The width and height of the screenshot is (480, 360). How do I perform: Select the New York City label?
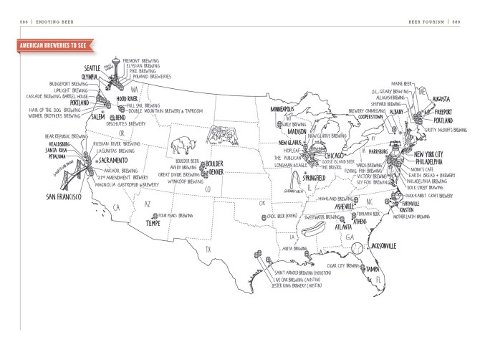pyautogui.click(x=428, y=153)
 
